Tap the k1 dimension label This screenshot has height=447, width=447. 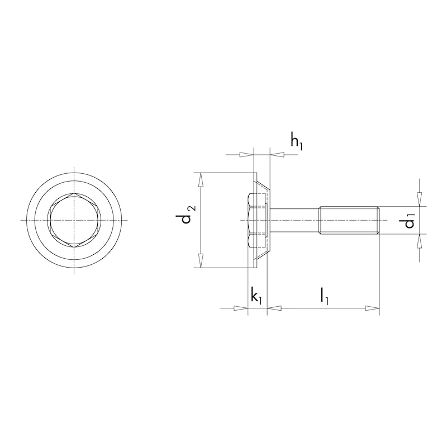[256, 296]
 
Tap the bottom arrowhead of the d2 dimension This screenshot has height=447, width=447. [201, 261]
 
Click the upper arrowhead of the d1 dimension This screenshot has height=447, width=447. [420, 200]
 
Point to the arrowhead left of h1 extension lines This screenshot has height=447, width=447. [246, 155]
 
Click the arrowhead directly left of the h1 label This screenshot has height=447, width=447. [277, 155]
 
